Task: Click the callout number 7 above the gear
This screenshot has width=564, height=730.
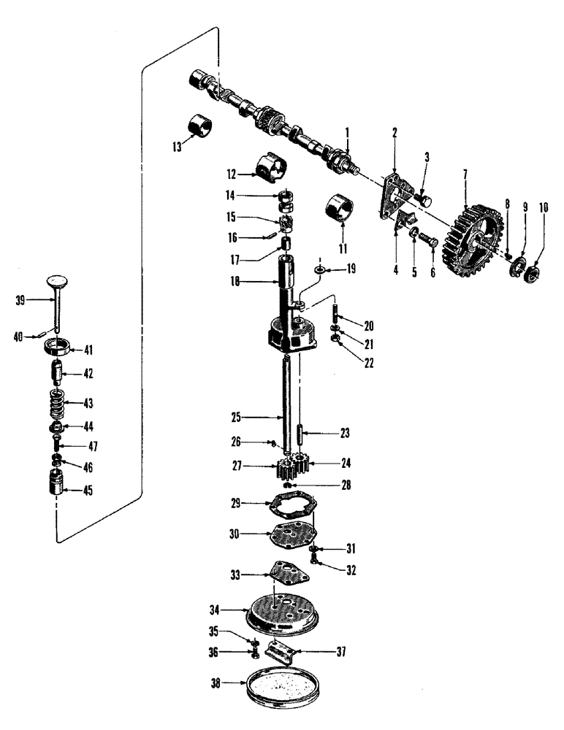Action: (464, 175)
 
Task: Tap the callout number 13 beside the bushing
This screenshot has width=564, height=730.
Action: (176, 146)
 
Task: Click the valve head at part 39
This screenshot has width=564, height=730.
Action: (56, 280)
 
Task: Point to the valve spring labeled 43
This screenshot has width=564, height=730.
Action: (56, 401)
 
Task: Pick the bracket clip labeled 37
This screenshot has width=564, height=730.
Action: (279, 650)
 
